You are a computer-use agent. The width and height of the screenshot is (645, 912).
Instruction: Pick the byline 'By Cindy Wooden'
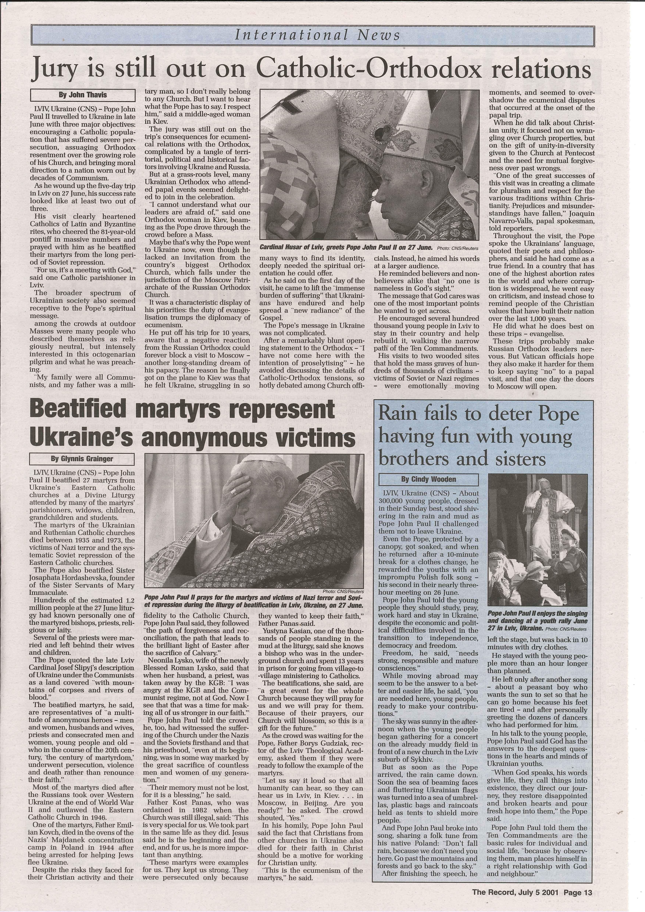tap(428, 479)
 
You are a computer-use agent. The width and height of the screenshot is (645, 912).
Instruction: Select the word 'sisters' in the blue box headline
tap(516, 459)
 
